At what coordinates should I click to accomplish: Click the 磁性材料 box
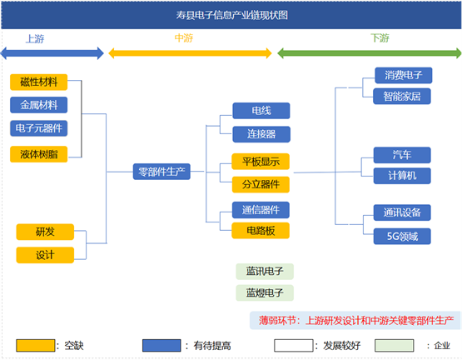point(38,82)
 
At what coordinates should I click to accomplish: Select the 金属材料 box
point(38,105)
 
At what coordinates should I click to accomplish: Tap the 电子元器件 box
point(38,128)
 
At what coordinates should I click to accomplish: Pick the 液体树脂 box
point(38,154)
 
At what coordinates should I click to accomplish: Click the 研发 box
point(45,232)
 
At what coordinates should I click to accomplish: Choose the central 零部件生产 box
point(161,172)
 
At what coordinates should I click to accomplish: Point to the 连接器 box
point(261,134)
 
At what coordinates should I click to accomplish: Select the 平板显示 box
point(261,162)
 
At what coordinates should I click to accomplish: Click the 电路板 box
point(261,231)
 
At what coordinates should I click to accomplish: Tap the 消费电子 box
point(404,75)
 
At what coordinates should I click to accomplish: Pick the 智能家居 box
point(402,96)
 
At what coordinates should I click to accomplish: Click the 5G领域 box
point(402,237)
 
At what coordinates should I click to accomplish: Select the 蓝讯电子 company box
point(265,271)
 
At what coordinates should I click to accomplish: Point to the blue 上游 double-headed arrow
point(52,53)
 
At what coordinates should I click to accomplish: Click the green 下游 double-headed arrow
point(370,53)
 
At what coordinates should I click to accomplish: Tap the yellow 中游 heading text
point(184,38)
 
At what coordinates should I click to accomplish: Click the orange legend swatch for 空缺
point(35,345)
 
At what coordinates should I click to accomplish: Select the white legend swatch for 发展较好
point(294,345)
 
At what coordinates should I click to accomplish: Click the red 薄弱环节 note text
point(356,321)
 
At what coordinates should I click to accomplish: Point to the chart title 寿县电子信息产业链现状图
point(232,15)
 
